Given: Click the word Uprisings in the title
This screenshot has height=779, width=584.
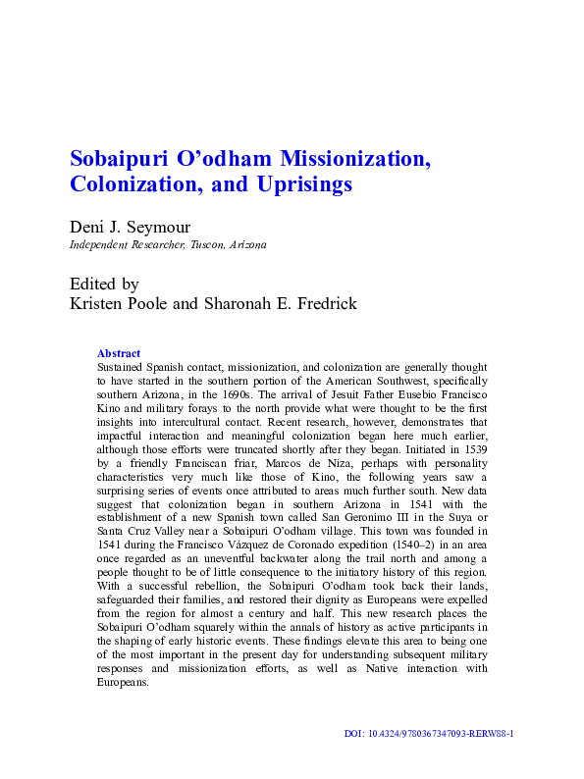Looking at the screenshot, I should point(305,183).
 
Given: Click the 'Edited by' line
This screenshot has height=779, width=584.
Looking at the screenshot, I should point(104,285).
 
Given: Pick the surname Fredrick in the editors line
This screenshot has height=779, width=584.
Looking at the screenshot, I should point(323,304).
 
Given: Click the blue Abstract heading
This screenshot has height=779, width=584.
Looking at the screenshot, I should point(118,353).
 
